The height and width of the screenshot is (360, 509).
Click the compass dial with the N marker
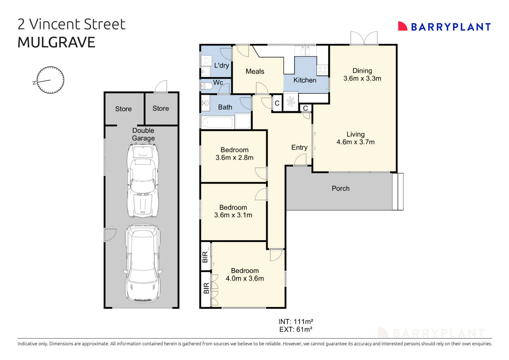pos(50,80)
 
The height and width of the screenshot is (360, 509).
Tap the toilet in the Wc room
pos(206,86)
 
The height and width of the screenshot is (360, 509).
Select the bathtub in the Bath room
pos(218,123)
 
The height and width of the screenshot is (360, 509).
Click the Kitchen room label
pos(305,80)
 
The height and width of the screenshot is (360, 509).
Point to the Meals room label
pos(255,71)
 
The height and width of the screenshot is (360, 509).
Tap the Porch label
pos(340,188)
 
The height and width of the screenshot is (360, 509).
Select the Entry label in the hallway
pos(299,147)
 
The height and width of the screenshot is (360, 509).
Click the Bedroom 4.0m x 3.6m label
pos(245,274)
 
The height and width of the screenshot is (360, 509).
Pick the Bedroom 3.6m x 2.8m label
pos(234,154)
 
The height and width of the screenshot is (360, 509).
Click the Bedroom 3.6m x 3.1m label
pos(233,211)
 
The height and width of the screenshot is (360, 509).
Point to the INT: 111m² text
pos(296,321)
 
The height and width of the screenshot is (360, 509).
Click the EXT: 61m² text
pos(296,329)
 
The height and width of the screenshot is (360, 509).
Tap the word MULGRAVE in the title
pos(56,42)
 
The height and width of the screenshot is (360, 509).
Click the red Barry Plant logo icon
pos(402,26)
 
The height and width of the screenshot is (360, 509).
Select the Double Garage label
pos(143,134)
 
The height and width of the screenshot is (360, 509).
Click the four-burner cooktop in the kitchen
pos(323,70)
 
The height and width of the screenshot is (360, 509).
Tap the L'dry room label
pos(221,66)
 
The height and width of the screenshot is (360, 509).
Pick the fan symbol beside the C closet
pos(291,102)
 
